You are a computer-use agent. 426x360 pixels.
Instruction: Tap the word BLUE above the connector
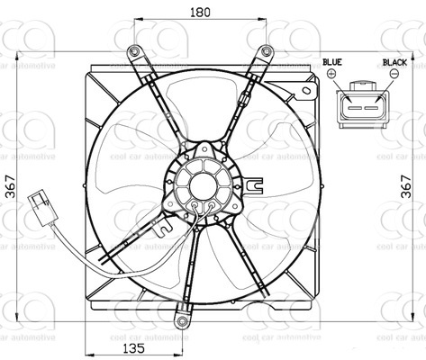click(332, 62)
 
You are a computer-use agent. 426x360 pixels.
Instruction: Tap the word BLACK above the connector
click(394, 62)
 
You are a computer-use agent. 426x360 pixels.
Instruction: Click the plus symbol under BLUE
click(332, 76)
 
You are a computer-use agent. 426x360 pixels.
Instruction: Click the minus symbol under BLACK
click(394, 76)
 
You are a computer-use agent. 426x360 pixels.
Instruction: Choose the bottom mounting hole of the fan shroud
click(183, 319)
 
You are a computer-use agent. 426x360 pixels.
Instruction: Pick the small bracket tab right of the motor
click(258, 186)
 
